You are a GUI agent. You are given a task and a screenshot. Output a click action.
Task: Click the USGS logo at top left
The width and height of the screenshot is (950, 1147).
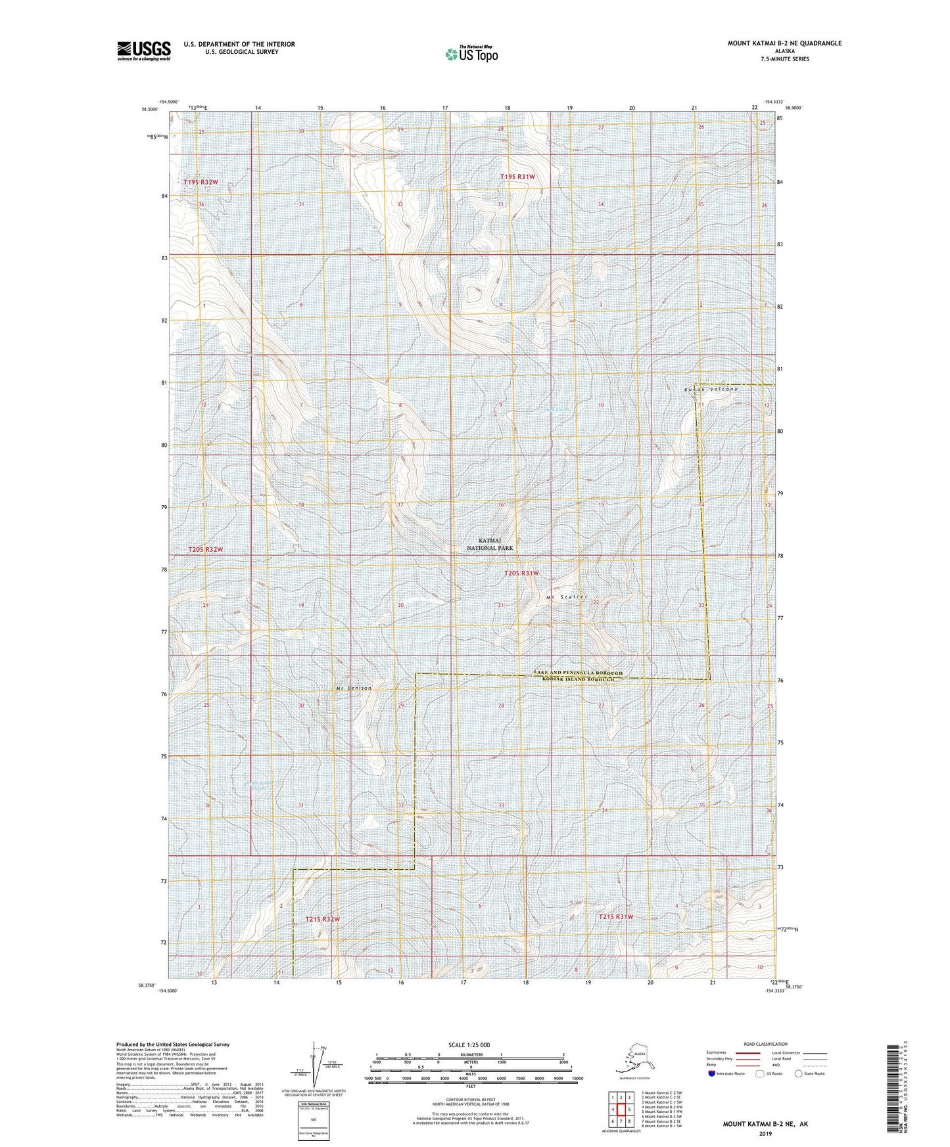[x=143, y=51]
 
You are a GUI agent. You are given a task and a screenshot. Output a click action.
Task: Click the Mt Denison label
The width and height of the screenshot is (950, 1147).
[x=354, y=688]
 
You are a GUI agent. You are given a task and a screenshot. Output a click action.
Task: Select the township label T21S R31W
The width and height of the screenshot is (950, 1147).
[x=615, y=916]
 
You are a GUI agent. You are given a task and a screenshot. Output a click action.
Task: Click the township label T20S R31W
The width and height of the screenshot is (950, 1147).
[x=521, y=573]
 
